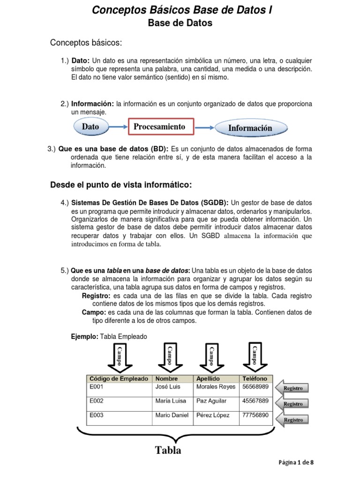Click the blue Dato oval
pyautogui.click(x=91, y=127)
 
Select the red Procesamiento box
pyautogui.click(x=159, y=127)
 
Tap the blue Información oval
pyautogui.click(x=250, y=127)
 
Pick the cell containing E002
pyautogui.click(x=97, y=401)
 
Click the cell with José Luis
pyautogui.click(x=168, y=387)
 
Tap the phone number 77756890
pyautogui.click(x=255, y=415)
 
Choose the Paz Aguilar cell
pyautogui.click(x=211, y=401)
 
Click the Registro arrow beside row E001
pyautogui.click(x=294, y=388)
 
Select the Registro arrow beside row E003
pyautogui.click(x=294, y=420)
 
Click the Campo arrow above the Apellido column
pyautogui.click(x=212, y=356)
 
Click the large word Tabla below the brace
pyautogui.click(x=168, y=450)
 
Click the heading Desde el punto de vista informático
pyautogui.click(x=121, y=185)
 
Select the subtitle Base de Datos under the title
pyautogui.click(x=180, y=23)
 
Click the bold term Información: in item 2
pyautogui.click(x=92, y=103)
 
